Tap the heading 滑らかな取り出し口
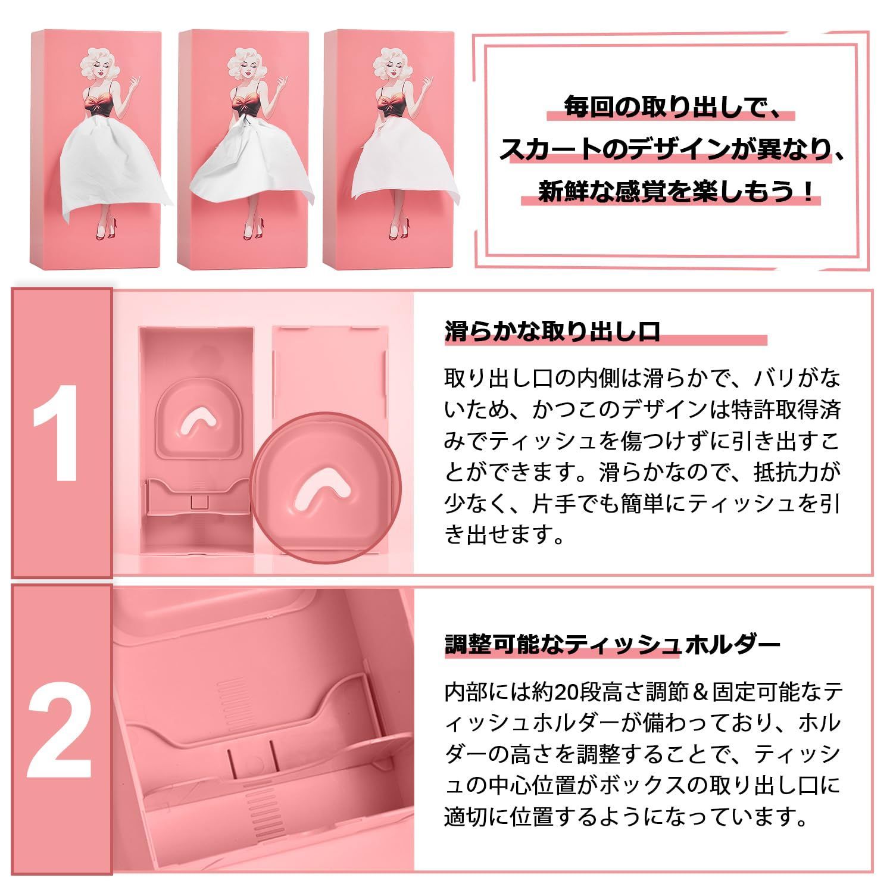click(x=552, y=331)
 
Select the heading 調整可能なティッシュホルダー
click(x=613, y=644)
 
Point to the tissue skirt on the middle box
click(x=250, y=161)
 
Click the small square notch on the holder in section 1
click(x=198, y=501)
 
